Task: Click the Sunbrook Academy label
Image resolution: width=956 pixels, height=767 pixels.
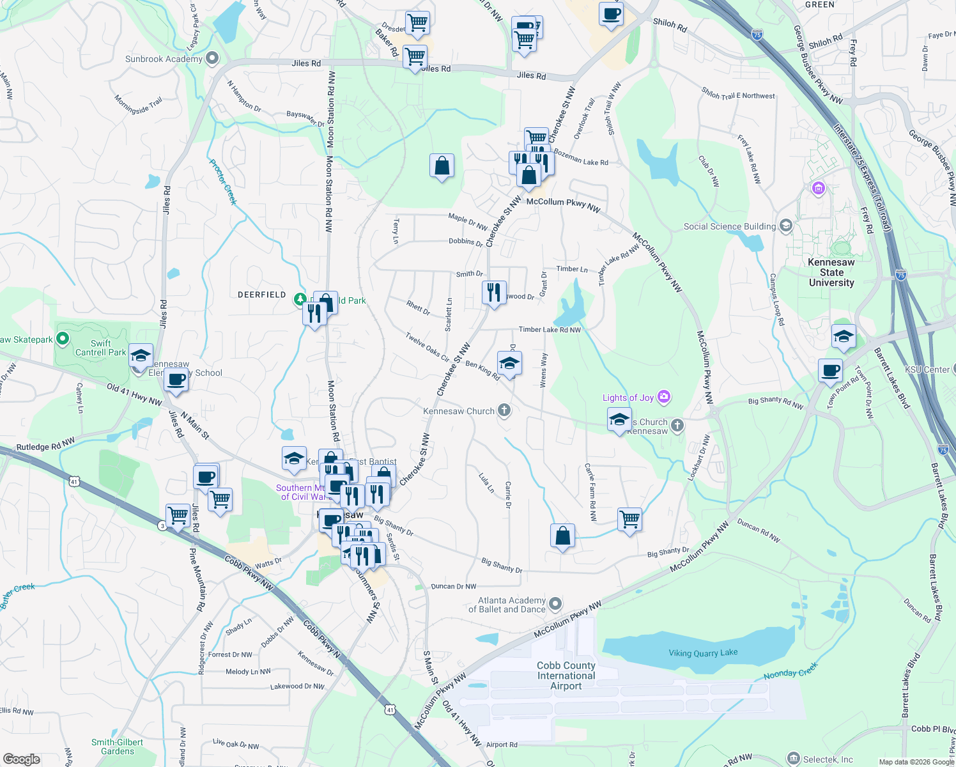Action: [x=164, y=59]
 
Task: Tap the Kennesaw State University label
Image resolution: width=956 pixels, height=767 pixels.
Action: [x=831, y=272]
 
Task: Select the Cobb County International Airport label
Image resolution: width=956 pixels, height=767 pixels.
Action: [x=566, y=676]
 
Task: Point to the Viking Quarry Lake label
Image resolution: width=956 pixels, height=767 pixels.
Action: [x=703, y=653]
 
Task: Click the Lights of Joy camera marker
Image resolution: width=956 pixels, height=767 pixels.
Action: [x=664, y=397]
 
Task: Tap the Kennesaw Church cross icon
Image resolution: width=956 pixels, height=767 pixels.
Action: [x=504, y=410]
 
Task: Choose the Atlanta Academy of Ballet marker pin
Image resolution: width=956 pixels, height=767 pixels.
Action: [x=555, y=603]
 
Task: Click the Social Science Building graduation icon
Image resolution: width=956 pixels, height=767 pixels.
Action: [x=786, y=226]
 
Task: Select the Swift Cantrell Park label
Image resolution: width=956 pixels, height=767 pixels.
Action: [x=100, y=348]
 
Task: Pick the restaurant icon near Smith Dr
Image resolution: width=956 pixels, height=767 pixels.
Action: [x=494, y=293]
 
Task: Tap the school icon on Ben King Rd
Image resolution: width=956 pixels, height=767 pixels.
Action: [x=509, y=364]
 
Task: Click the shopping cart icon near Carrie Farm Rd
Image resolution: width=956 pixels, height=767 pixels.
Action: [x=629, y=520]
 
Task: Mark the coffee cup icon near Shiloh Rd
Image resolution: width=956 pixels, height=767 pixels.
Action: [x=612, y=14]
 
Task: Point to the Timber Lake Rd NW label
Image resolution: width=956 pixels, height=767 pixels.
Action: [x=550, y=330]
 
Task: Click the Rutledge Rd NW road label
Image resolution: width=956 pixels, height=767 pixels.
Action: [x=45, y=444]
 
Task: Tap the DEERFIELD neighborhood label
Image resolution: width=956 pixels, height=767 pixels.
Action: [x=261, y=295]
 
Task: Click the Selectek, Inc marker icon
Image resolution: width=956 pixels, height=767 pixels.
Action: [x=793, y=759]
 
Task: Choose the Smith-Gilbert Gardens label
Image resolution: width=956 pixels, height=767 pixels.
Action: [x=118, y=747]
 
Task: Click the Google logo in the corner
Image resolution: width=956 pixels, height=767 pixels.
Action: [x=22, y=759]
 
